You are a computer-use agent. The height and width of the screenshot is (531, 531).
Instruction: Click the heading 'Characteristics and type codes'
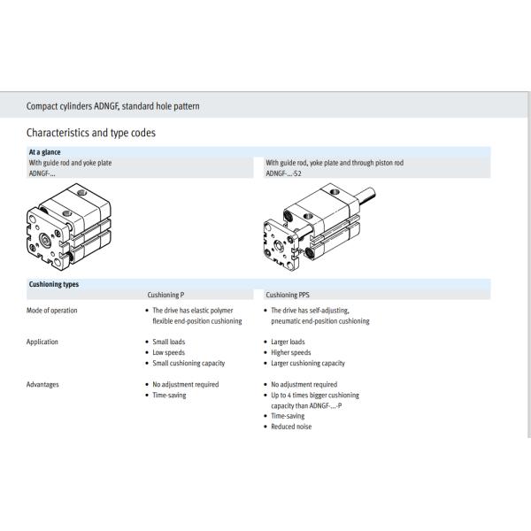click(92, 133)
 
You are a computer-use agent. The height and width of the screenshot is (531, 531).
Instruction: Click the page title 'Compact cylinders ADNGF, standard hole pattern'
click(113, 106)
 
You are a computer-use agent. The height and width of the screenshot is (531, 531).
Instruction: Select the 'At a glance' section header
click(45, 152)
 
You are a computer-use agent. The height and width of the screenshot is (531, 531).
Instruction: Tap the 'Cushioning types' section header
click(54, 284)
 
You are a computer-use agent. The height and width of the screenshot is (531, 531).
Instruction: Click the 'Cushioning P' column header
click(165, 295)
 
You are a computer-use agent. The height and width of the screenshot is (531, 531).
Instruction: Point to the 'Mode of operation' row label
click(52, 311)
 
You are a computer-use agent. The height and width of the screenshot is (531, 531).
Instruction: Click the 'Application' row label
click(43, 342)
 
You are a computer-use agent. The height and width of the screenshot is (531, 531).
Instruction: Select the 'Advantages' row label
click(44, 384)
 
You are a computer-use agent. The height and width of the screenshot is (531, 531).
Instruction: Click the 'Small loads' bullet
click(170, 342)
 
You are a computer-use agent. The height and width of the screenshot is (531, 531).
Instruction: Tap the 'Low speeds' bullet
click(170, 352)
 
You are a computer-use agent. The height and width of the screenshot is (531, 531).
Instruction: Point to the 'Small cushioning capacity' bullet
click(189, 363)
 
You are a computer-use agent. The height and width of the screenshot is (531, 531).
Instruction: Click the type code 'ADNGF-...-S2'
click(284, 173)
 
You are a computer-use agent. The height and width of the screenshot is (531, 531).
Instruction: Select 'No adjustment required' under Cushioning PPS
click(304, 384)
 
